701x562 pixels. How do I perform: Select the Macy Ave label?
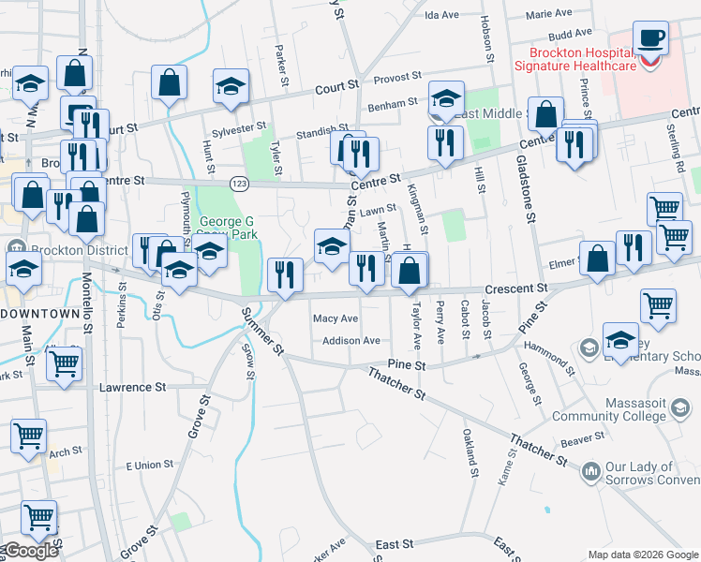336,318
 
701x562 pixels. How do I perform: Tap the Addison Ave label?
351,341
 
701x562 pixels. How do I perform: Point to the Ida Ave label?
441,15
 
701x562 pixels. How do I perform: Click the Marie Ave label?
549,14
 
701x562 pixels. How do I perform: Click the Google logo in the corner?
31,551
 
